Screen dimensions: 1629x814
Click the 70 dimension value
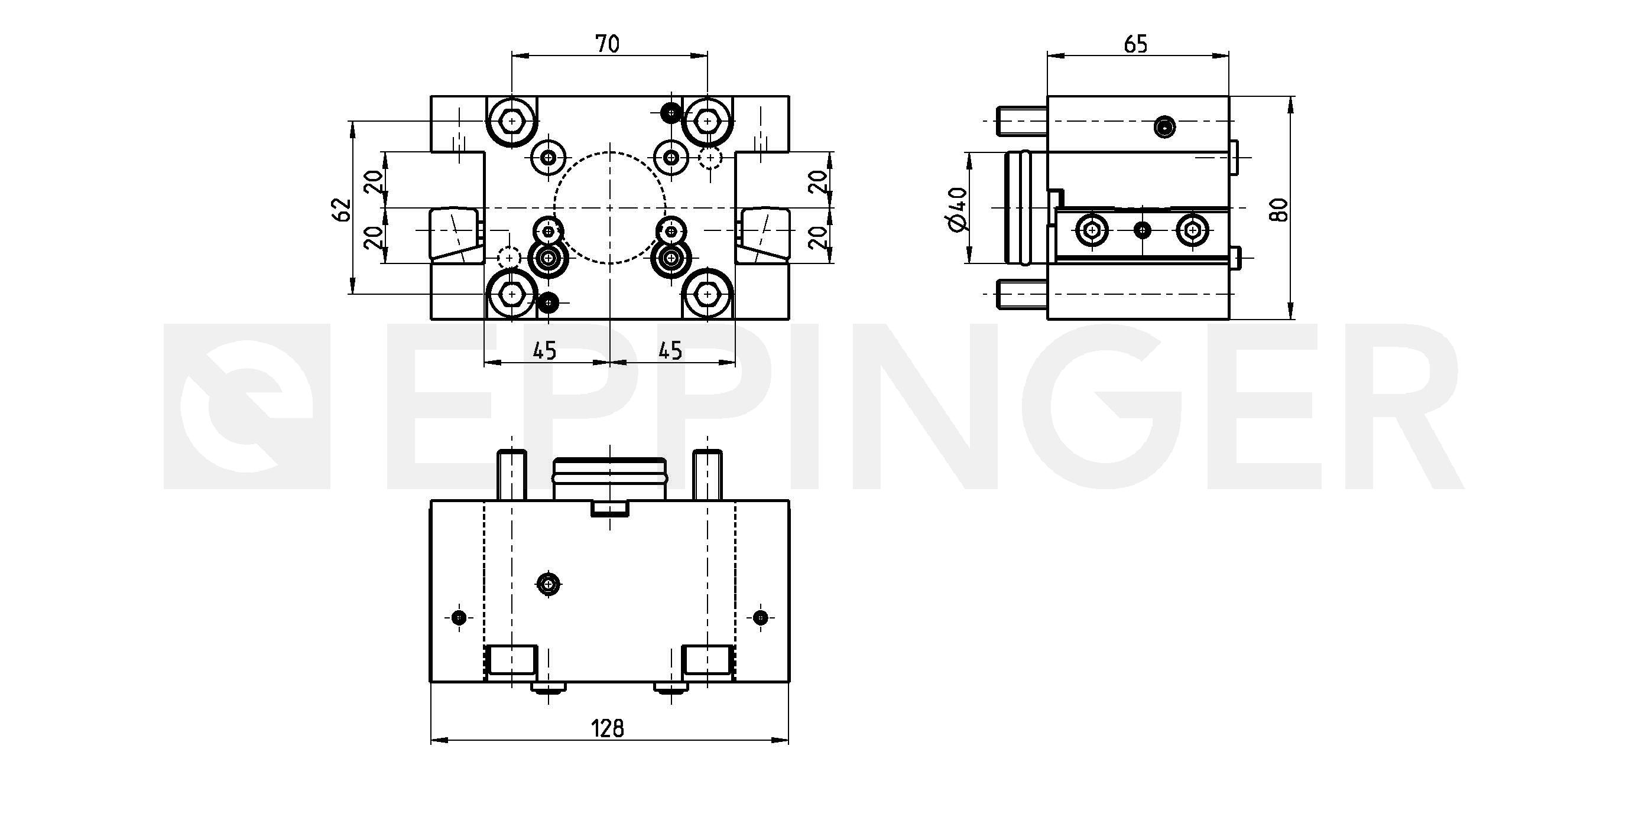(608, 44)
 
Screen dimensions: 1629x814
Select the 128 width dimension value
(608, 729)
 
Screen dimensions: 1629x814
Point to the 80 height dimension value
(1279, 209)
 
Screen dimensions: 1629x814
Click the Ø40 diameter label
(958, 209)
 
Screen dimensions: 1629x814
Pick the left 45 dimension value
(544, 350)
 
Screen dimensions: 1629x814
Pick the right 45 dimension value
(670, 350)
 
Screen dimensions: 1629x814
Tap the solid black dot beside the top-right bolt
(670, 112)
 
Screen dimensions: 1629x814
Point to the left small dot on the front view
(459, 617)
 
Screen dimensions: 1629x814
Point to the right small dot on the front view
(761, 617)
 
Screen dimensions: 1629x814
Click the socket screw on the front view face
(549, 584)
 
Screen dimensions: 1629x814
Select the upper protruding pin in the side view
(1021, 121)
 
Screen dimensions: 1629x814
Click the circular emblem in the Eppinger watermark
(247, 406)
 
